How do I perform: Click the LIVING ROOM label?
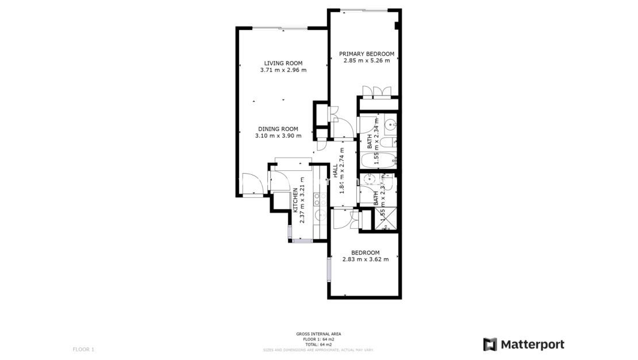[x=283, y=63]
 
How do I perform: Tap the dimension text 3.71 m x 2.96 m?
[x=283, y=70]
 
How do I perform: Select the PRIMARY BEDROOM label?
[x=367, y=53]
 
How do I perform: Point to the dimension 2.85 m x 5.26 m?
[x=367, y=60]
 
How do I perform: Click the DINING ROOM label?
[x=278, y=129]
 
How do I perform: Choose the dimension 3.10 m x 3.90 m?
[x=278, y=136]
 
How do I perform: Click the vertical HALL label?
[x=335, y=171]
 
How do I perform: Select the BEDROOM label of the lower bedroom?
[x=366, y=252]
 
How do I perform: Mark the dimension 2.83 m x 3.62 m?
[x=366, y=259]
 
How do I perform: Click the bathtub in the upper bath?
[x=378, y=160]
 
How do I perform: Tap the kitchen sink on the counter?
[x=317, y=215]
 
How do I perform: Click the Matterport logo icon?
[x=490, y=344]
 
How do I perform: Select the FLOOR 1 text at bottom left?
[x=83, y=349]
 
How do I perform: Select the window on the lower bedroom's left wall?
[x=329, y=269]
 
